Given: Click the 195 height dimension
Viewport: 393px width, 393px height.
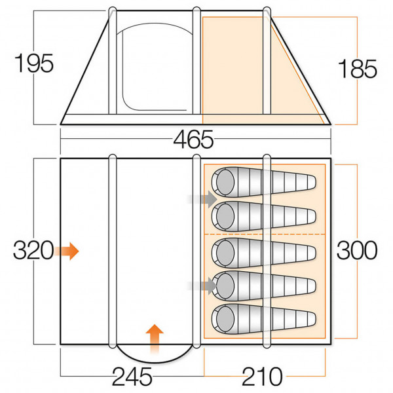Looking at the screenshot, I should (x=33, y=64).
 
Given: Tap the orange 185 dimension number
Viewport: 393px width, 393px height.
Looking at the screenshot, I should (x=357, y=69).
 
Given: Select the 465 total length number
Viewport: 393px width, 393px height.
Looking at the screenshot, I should (x=194, y=140).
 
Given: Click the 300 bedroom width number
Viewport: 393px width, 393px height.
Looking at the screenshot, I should (x=357, y=250).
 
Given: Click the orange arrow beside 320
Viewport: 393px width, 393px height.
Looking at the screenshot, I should (x=67, y=250).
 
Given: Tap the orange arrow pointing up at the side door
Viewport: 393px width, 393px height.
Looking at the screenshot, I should (x=154, y=338).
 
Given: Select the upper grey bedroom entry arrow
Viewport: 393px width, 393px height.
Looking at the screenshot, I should (x=202, y=197).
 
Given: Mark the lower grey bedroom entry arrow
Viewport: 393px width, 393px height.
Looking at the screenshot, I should (x=202, y=284).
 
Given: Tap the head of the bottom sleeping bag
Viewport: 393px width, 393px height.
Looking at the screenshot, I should (x=225, y=319).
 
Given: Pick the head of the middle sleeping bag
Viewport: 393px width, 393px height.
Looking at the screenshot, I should (x=225, y=250).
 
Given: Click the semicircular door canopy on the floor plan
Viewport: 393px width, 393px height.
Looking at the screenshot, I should (x=155, y=354).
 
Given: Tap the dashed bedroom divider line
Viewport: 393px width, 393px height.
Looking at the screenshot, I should (x=265, y=234).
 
